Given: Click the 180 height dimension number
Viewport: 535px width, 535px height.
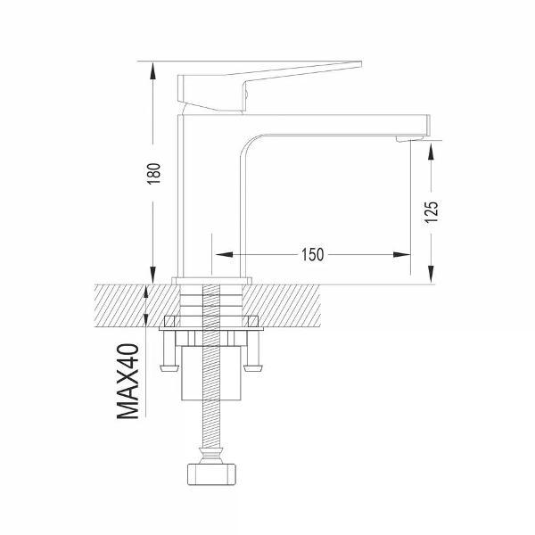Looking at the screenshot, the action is pyautogui.click(x=154, y=173).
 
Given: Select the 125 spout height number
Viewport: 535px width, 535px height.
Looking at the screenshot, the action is pyautogui.click(x=432, y=212).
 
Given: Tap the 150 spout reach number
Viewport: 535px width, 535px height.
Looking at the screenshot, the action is pyautogui.click(x=312, y=254).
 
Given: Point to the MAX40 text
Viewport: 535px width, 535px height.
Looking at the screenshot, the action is pyautogui.click(x=128, y=381).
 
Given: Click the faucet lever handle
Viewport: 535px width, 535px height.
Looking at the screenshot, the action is pyautogui.click(x=269, y=86).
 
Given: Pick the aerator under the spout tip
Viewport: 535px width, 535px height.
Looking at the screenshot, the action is pyautogui.click(x=409, y=139).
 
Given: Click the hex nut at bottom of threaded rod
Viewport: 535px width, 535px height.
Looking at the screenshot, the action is pyautogui.click(x=211, y=474).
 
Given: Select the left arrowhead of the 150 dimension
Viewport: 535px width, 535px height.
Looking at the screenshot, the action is pyautogui.click(x=224, y=254).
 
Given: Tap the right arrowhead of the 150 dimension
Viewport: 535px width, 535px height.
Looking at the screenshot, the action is pyautogui.click(x=401, y=254).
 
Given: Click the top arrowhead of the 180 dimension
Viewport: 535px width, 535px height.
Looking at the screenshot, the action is pyautogui.click(x=152, y=71).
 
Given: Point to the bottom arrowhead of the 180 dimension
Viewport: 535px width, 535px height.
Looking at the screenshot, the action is pyautogui.click(x=152, y=275).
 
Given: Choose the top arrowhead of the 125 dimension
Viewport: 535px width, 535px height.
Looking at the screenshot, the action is pyautogui.click(x=432, y=152).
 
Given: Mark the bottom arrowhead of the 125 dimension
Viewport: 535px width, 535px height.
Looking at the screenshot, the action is pyautogui.click(x=432, y=275).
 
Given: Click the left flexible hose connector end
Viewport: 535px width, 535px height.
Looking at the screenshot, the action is pyautogui.click(x=169, y=367).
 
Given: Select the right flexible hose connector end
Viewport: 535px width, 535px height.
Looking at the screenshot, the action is pyautogui.click(x=253, y=367).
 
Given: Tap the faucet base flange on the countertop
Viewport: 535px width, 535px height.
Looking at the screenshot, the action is pyautogui.click(x=211, y=281).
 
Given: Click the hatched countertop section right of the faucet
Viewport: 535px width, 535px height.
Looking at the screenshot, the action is pyautogui.click(x=282, y=305).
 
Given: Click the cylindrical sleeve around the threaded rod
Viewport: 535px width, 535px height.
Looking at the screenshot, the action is pyautogui.click(x=211, y=373).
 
